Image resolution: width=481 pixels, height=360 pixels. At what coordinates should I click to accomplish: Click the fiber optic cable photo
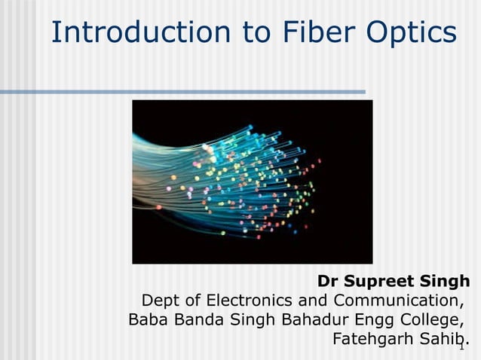tap(252, 182)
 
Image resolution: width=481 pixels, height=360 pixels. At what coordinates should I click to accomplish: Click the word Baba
tap(148, 319)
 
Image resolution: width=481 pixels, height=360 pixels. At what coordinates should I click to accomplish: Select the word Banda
tap(197, 319)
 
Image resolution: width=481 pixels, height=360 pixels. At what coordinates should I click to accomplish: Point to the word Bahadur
tap(312, 319)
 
